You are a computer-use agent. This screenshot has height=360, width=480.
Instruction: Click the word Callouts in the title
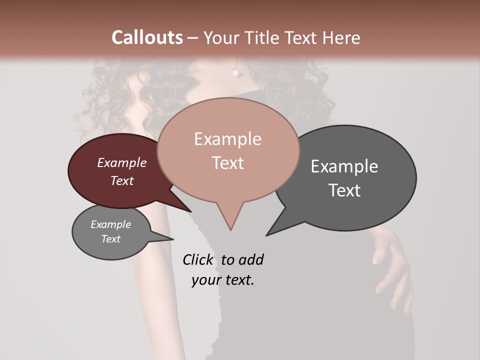point(147,37)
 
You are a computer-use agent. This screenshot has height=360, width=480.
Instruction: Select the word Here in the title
point(342,37)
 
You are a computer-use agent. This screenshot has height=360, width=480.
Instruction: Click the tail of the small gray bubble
point(170,239)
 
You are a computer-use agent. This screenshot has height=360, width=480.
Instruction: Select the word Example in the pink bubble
point(227,139)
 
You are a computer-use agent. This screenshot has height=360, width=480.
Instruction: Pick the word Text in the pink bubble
point(227,163)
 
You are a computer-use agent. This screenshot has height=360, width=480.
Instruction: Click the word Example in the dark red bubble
point(122,162)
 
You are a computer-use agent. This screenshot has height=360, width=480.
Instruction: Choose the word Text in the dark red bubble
point(122,180)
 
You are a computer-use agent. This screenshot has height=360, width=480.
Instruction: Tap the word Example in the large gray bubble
point(344,166)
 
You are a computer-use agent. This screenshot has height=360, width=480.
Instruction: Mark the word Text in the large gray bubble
point(344,190)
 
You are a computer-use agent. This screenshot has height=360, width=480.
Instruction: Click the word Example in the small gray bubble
point(111,224)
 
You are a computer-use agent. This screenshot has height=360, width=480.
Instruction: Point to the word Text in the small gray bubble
point(111,239)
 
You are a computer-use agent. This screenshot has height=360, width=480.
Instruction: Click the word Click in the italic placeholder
point(197,259)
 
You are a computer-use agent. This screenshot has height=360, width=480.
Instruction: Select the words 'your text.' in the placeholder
point(223,280)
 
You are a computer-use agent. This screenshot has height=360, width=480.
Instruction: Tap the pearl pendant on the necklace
point(235,72)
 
